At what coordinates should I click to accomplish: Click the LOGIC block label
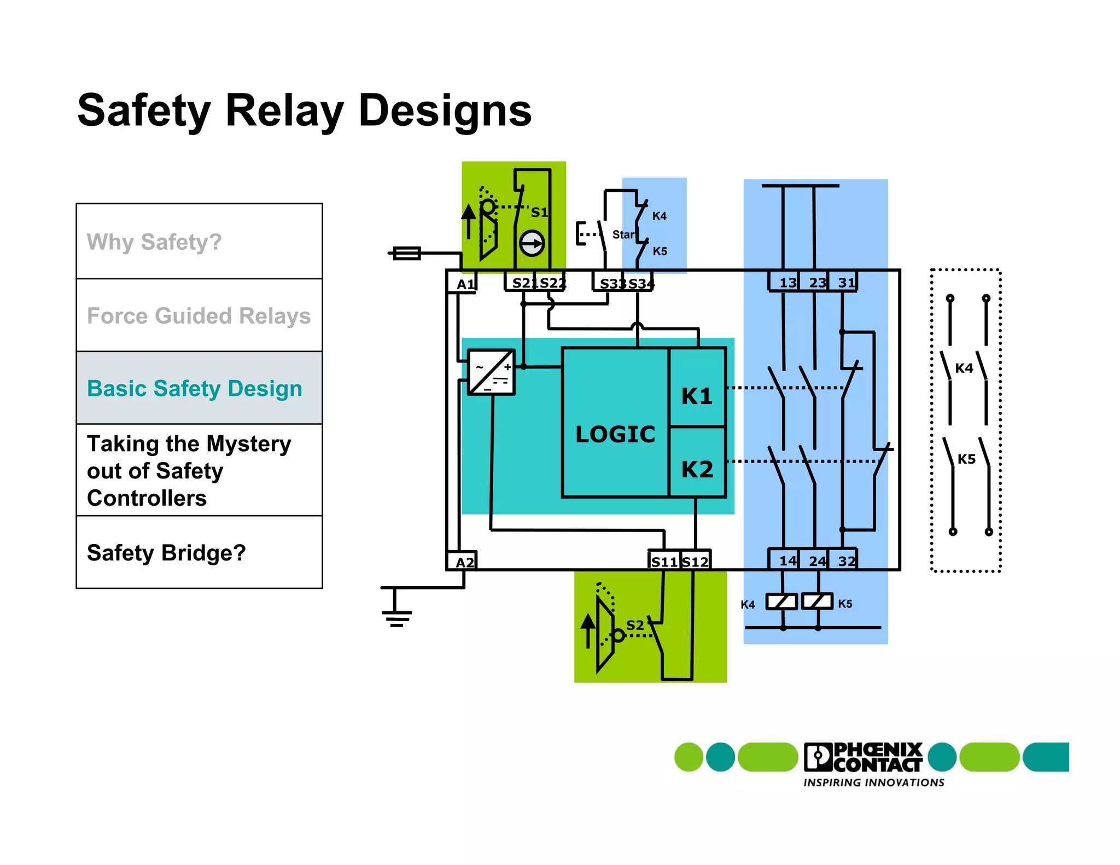(615, 434)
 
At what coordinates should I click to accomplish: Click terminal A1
(464, 284)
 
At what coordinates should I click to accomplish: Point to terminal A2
(464, 562)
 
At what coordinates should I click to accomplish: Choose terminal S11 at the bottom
(664, 562)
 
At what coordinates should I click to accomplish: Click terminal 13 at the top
(787, 283)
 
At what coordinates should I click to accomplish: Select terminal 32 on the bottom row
(847, 560)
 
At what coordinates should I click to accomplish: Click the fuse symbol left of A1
(407, 253)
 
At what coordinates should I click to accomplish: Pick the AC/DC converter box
(491, 372)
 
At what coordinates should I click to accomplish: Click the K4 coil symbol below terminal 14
(781, 601)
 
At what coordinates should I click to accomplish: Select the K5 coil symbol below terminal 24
(817, 601)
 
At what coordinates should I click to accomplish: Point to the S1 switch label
(539, 212)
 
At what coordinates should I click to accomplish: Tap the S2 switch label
(634, 625)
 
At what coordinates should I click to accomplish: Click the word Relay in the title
(284, 111)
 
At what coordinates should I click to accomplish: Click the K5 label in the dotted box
(966, 459)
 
